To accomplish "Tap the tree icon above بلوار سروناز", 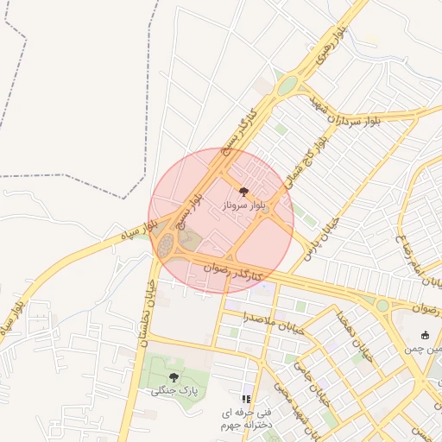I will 243,192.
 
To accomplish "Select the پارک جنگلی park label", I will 174,391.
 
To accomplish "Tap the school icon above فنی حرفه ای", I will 246,399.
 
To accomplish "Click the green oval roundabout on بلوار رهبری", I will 287,85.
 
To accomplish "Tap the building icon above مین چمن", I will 424,335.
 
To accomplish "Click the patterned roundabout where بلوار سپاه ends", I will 166,246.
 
